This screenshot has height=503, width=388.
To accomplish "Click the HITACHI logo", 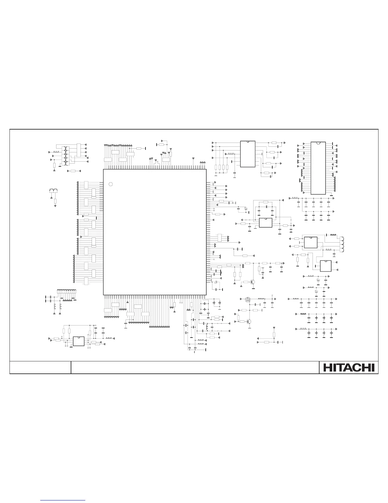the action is [349, 367].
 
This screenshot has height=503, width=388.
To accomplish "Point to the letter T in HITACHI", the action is [337, 367].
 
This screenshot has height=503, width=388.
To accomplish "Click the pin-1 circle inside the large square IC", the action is [111, 184].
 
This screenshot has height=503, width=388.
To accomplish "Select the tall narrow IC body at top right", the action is [318, 168].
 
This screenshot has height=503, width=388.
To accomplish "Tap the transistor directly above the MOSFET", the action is [253, 282].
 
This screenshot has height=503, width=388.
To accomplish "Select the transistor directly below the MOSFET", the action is [249, 321].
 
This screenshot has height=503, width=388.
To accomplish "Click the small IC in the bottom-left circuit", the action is [79, 341].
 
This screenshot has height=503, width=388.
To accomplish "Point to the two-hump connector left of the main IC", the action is [53, 191].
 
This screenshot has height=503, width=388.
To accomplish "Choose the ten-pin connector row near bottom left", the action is [67, 291].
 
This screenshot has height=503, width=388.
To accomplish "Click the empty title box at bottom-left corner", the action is [40, 367].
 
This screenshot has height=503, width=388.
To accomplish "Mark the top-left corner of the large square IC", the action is [104, 169].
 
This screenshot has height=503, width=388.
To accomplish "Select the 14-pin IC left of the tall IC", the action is [248, 154].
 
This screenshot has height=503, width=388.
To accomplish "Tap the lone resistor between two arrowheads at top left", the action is [74, 171].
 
